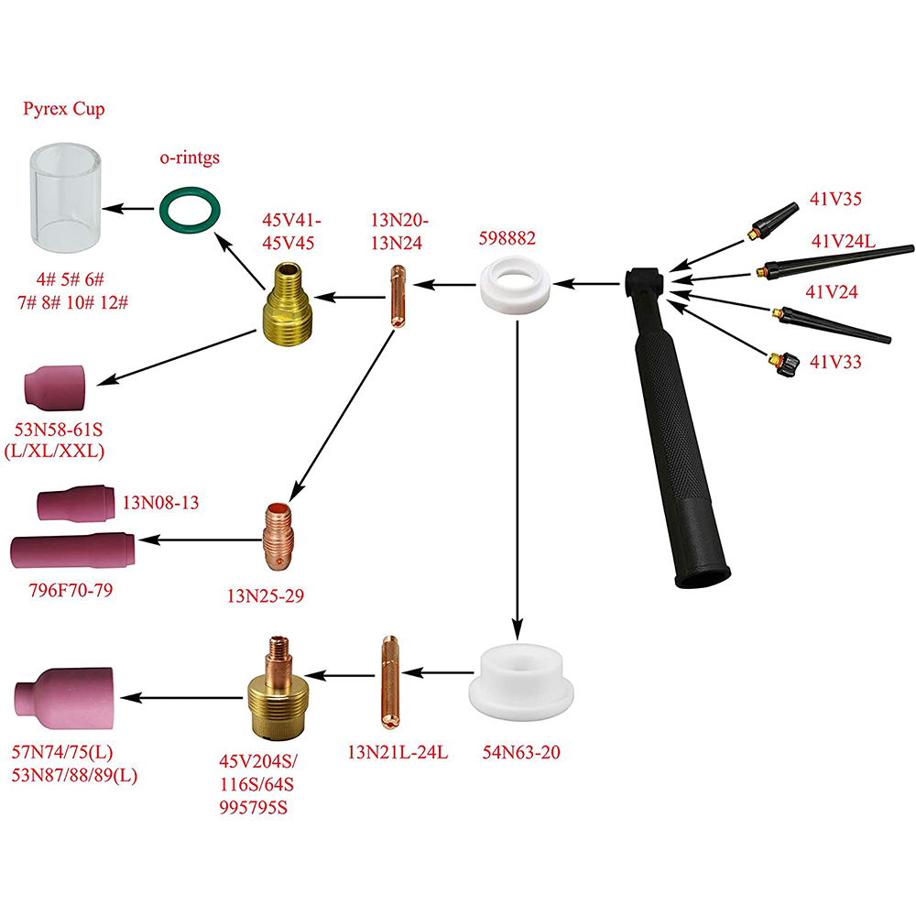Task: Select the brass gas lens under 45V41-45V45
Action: (x=286, y=301)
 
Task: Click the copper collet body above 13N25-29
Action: (x=278, y=535)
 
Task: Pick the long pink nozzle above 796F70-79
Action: (x=73, y=550)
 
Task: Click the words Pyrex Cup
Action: (x=64, y=109)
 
